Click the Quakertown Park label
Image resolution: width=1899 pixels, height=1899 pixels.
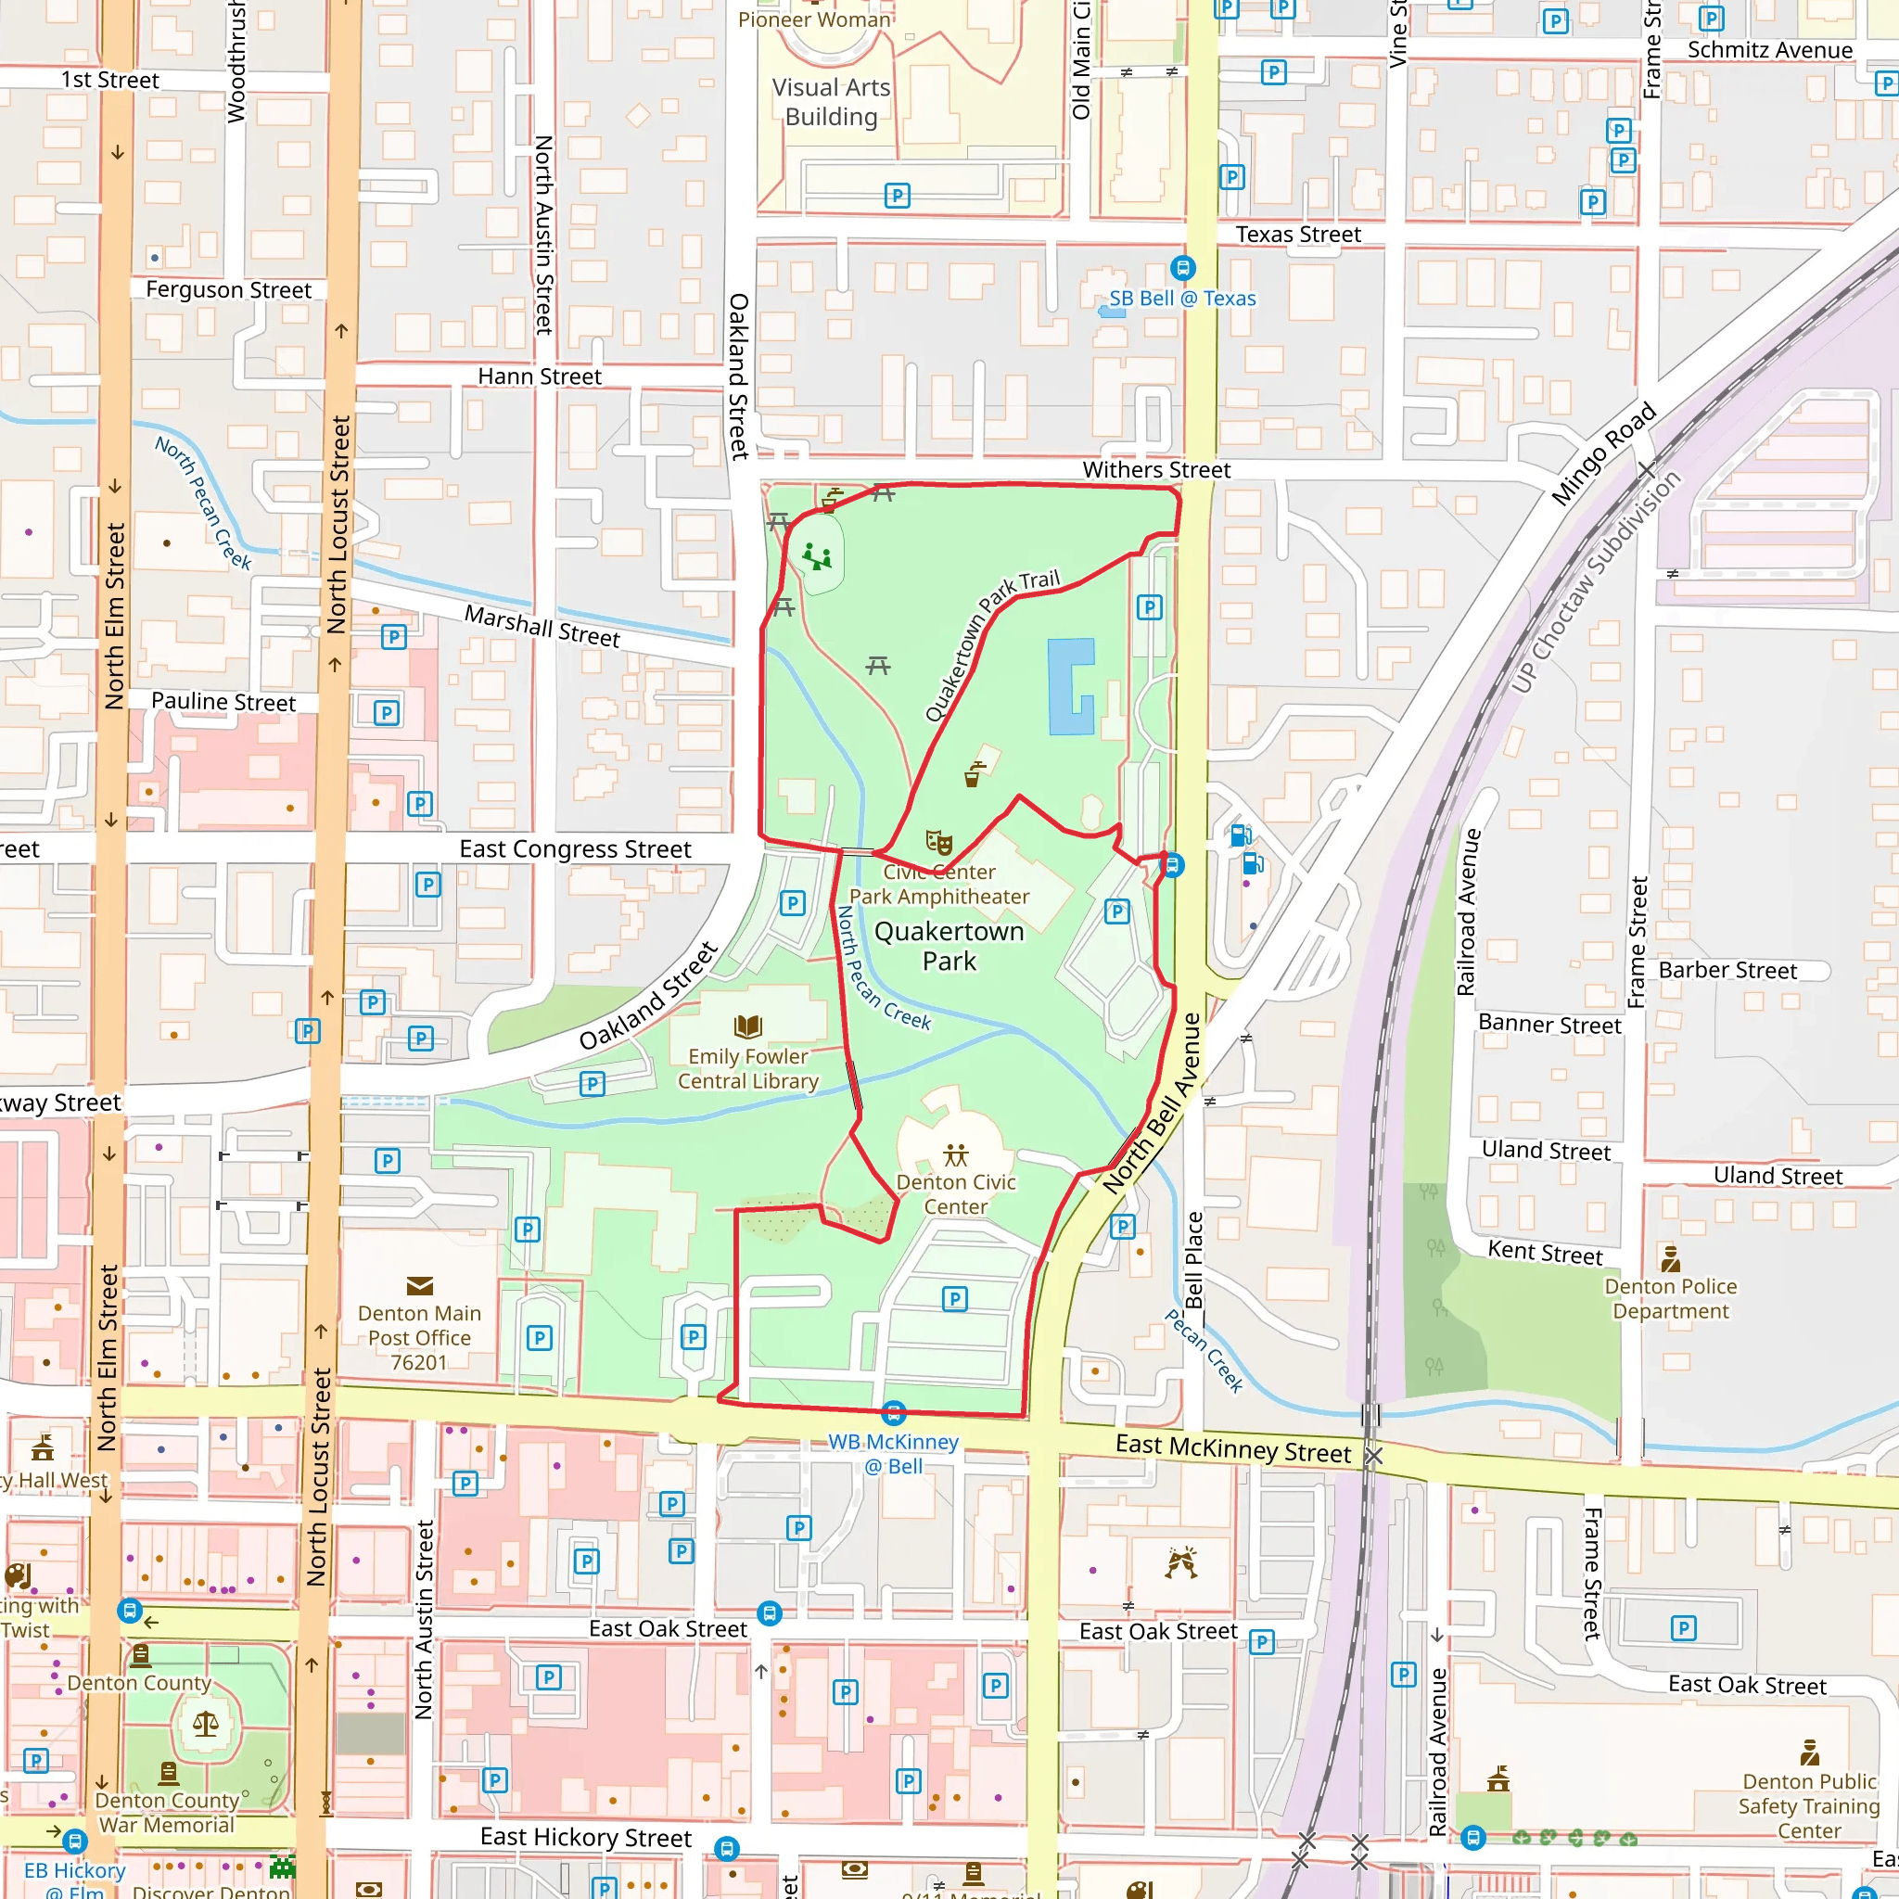(x=949, y=946)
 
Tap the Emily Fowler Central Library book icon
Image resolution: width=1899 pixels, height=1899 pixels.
(x=748, y=1027)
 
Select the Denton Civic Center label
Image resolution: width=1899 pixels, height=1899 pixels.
(x=955, y=1194)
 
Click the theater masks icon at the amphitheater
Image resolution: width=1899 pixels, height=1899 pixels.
(x=938, y=842)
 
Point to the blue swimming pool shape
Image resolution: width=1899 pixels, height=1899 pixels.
(x=1069, y=686)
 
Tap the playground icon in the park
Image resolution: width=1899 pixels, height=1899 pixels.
(x=817, y=557)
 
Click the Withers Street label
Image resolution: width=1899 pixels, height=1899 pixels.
(x=1156, y=470)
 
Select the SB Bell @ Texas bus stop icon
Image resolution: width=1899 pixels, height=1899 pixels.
(x=1182, y=267)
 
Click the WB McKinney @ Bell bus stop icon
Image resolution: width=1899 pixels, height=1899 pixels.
(x=893, y=1413)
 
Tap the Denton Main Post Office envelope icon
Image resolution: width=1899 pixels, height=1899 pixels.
(x=420, y=1286)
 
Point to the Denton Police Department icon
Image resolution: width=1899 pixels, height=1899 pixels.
(x=1670, y=1259)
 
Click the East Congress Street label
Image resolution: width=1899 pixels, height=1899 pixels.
(x=575, y=849)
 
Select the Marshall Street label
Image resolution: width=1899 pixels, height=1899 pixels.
(x=542, y=626)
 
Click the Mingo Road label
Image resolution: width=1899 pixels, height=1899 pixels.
(x=1603, y=454)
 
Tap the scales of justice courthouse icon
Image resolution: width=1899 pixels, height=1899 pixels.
(x=206, y=1723)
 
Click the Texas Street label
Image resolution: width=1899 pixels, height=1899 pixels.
(x=1297, y=235)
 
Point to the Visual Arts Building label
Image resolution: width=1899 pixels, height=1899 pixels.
(x=831, y=102)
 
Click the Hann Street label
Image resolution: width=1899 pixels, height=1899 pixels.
(x=540, y=376)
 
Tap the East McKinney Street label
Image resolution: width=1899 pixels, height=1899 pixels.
(x=1232, y=1449)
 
